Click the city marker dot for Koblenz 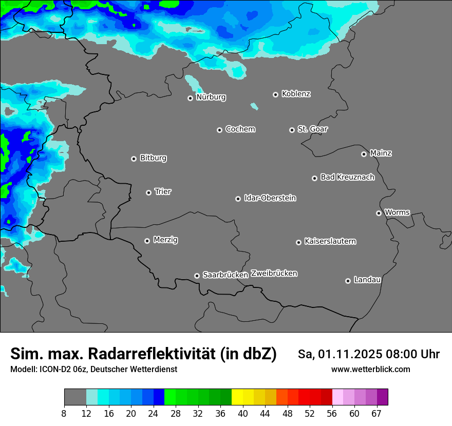[x=275, y=94]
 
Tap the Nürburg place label [x=211, y=97]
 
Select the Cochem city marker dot [x=219, y=130]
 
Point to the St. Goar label [x=312, y=129]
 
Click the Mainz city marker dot [x=364, y=154]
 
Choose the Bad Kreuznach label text [x=347, y=177]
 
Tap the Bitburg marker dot [x=134, y=159]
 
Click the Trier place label [x=163, y=191]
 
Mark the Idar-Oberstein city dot [x=238, y=199]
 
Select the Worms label [x=397, y=212]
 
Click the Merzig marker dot [x=147, y=241]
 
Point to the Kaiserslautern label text [x=330, y=241]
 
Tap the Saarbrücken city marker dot [x=197, y=276]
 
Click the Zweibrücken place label [x=274, y=273]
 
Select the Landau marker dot [x=348, y=281]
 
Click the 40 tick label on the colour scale [x=242, y=414]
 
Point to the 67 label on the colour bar [x=376, y=414]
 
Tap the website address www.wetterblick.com [x=370, y=369]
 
